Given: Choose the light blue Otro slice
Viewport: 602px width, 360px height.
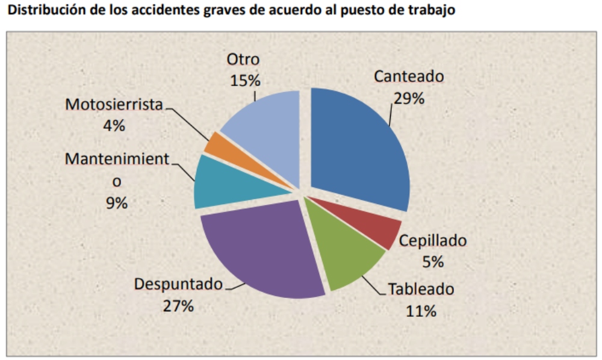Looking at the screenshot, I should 268,132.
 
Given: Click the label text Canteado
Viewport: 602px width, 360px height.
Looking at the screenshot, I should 409,77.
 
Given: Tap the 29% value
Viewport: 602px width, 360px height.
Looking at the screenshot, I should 409,98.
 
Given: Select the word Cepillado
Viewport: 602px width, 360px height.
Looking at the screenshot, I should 433,241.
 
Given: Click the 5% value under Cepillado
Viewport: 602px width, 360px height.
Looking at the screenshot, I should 433,262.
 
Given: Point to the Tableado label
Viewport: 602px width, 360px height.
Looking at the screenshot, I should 421,289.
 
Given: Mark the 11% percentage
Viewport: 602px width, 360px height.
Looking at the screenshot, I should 421,311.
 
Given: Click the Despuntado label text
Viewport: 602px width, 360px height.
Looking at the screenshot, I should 178,284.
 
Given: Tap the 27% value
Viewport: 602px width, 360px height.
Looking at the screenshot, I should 178,305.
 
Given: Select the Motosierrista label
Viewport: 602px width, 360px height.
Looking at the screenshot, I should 114,104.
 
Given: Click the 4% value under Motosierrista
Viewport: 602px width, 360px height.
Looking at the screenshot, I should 114,125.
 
